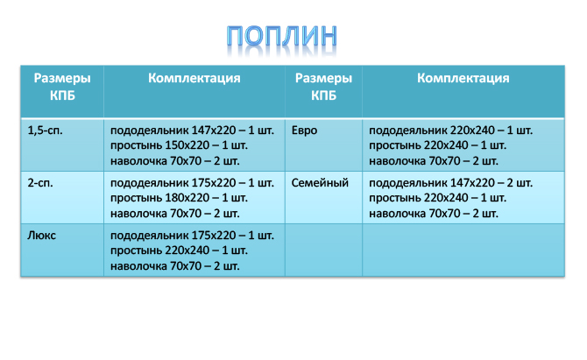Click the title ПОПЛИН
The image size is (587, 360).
(281, 36)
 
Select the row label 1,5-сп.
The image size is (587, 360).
(45, 131)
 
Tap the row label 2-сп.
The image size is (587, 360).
(40, 182)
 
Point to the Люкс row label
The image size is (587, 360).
(41, 236)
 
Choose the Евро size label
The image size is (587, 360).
(304, 131)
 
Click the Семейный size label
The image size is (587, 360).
(320, 182)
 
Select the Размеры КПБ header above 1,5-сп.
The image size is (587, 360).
(62, 87)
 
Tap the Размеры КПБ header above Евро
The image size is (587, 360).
(323, 87)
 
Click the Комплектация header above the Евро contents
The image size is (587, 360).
(463, 78)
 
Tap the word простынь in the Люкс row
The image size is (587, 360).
(136, 251)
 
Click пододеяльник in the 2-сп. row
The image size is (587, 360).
(149, 183)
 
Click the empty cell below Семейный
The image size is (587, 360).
(323, 251)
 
